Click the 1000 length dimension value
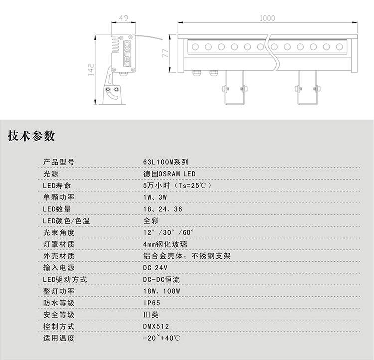pos(267,18)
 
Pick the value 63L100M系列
pos(165,162)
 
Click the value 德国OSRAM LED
pos(169,174)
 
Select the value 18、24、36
pos(162,209)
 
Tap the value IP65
pos(152,303)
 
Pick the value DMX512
pos(156,326)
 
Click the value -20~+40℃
pos(161,338)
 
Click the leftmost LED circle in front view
pos(195,47)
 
